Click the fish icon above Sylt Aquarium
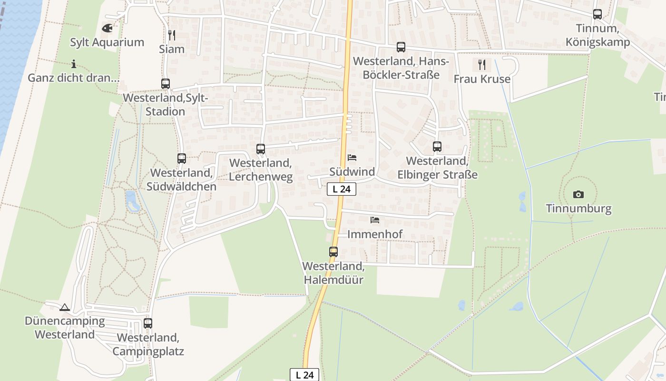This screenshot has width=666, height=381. point(108,28)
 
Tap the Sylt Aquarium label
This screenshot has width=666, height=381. point(107,42)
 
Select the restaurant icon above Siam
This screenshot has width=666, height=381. point(172,35)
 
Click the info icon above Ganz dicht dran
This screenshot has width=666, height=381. point(74,64)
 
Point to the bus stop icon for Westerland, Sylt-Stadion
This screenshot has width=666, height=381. point(166,84)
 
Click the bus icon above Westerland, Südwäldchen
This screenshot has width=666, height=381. point(182,159)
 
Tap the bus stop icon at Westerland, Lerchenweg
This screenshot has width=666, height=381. point(261,149)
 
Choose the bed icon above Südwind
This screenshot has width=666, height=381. point(352,158)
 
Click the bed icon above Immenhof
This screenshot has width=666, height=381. point(375,220)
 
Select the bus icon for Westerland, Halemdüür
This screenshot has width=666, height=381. point(333,252)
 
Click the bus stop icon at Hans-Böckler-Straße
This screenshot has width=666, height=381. point(401,47)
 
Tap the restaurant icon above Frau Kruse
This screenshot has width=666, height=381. point(482,65)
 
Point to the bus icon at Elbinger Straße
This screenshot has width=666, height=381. point(437,147)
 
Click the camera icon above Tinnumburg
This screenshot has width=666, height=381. point(578,194)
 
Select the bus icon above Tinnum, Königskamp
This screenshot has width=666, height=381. point(597,14)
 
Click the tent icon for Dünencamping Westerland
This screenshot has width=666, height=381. point(65,307)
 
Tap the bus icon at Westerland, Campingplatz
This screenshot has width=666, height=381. point(148,323)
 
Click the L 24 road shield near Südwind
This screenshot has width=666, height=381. point(342,189)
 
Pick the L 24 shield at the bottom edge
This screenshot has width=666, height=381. point(304,375)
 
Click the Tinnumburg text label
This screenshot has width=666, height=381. point(578,209)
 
